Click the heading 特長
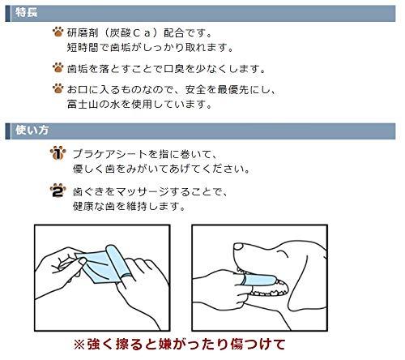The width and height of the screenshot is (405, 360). (x=26, y=13)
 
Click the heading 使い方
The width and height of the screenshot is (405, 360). (x=32, y=131)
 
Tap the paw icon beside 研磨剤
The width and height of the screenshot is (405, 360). (x=58, y=32)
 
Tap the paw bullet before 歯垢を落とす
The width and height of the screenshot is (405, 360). (x=58, y=67)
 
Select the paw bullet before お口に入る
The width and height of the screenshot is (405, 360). (x=58, y=88)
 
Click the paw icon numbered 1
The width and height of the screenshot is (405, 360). (x=58, y=153)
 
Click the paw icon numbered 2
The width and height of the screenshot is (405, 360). (x=58, y=191)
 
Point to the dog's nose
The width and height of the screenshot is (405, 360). (x=238, y=246)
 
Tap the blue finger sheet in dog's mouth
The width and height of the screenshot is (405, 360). (x=258, y=281)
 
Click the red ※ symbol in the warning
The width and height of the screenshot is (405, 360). (x=79, y=345)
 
